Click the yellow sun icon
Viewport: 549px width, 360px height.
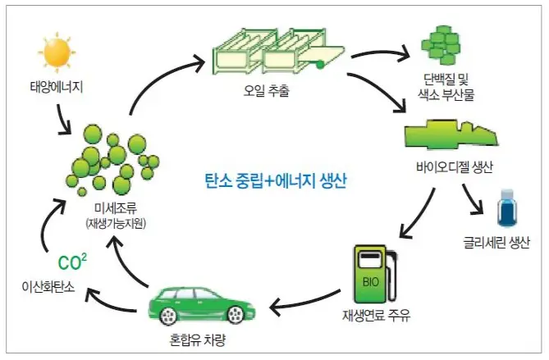pyautogui.click(x=57, y=52)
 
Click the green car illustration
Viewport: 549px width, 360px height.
pyautogui.click(x=198, y=307)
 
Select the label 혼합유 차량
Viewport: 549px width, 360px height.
pyautogui.click(x=198, y=338)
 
